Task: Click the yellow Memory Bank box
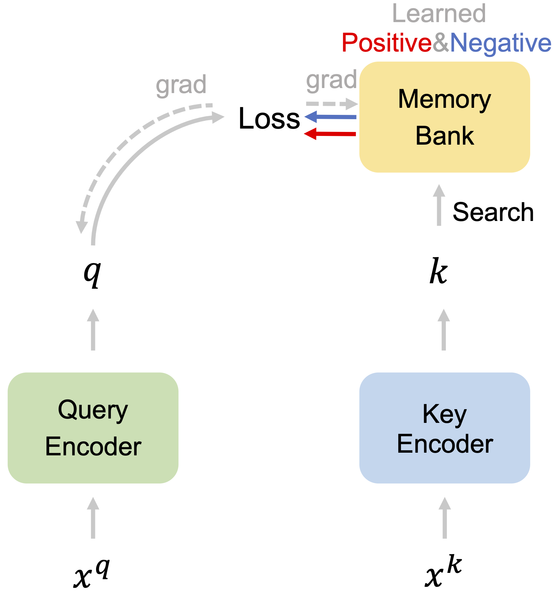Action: pyautogui.click(x=444, y=117)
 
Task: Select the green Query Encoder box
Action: pyautogui.click(x=93, y=428)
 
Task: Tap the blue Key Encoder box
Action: pyautogui.click(x=444, y=428)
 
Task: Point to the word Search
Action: pyautogui.click(x=493, y=212)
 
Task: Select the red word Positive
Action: pyautogui.click(x=387, y=43)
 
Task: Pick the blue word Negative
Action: pyautogui.click(x=500, y=43)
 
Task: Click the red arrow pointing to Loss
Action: pyautogui.click(x=330, y=134)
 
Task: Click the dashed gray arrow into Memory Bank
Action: pyautogui.click(x=332, y=104)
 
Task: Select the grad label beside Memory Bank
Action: pyautogui.click(x=331, y=80)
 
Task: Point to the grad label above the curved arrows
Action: pyautogui.click(x=181, y=85)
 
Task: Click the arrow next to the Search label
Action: pyautogui.click(x=439, y=205)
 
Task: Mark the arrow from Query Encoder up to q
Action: pyautogui.click(x=93, y=330)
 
